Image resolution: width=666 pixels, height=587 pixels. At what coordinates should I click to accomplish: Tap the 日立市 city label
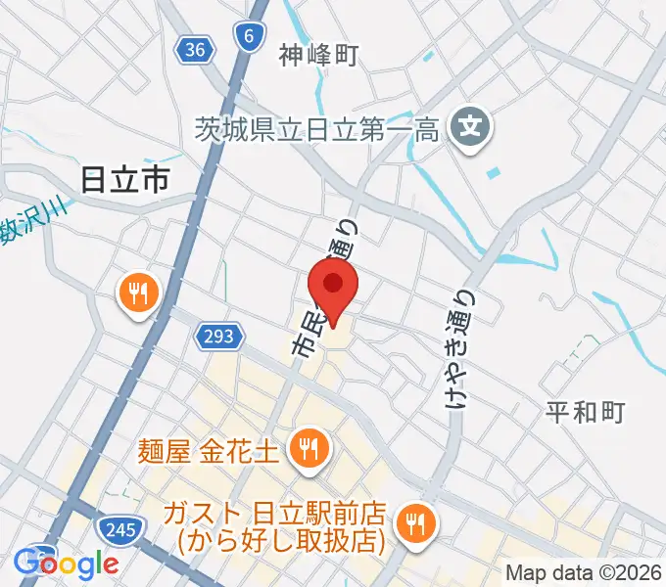click(x=124, y=179)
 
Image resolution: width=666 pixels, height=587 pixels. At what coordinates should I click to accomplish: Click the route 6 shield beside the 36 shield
click(x=249, y=37)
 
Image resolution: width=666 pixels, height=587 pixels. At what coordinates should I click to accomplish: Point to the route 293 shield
click(x=218, y=338)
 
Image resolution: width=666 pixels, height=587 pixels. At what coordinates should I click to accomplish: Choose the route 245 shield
click(x=119, y=529)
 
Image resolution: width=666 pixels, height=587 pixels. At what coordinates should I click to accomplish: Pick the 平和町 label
click(x=584, y=412)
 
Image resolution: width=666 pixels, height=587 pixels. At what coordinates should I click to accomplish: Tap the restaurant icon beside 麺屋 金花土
click(x=309, y=449)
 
